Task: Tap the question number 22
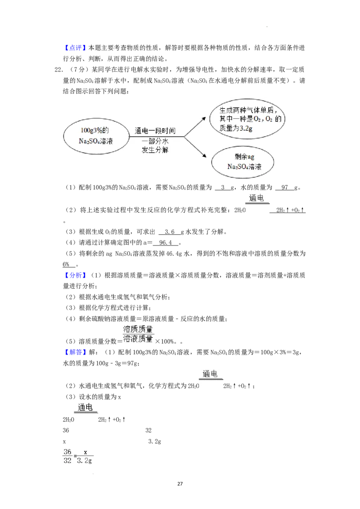pyautogui.click(x=58, y=69)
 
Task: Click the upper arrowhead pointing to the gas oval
pyautogui.click(x=204, y=119)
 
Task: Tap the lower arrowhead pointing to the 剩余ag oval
pyautogui.click(x=204, y=156)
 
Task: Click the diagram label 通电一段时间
pyautogui.click(x=155, y=130)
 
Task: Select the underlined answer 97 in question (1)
pyautogui.click(x=285, y=188)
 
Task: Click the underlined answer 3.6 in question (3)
pyautogui.click(x=169, y=232)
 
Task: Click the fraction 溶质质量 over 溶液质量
pyautogui.click(x=138, y=334)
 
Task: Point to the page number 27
pyautogui.click(x=180, y=484)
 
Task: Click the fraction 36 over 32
pyautogui.click(x=67, y=456)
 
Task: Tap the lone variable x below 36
pyautogui.click(x=64, y=442)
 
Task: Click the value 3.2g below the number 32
pyautogui.click(x=155, y=442)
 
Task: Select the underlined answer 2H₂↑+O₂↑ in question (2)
pyautogui.click(x=288, y=210)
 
